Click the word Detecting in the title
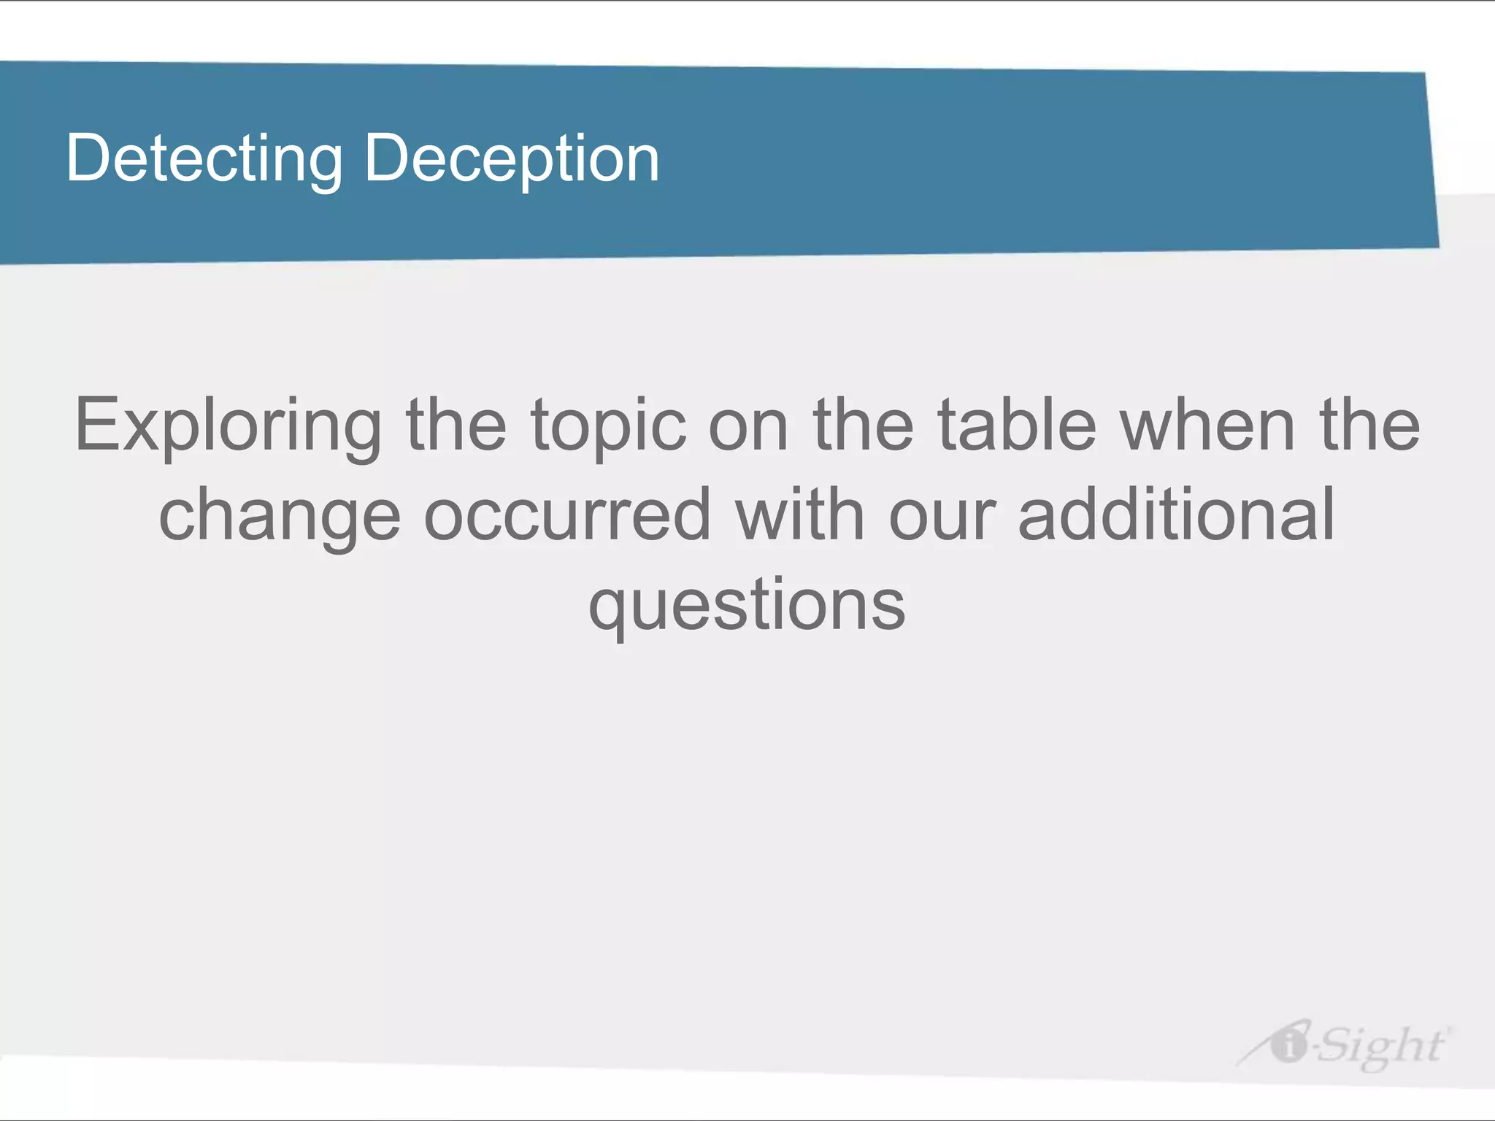click(x=204, y=159)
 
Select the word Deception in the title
click(x=512, y=159)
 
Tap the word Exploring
click(x=228, y=426)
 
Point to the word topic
click(x=609, y=426)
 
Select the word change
click(x=280, y=517)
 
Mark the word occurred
click(x=567, y=515)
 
